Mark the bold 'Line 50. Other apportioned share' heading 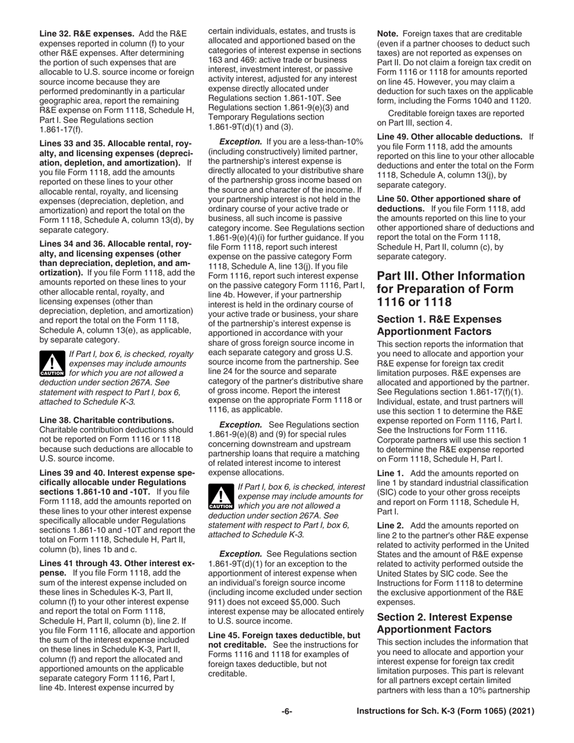tap(448, 199)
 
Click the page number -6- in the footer tap(287, 712)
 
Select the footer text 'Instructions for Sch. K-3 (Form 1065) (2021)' tap(445, 712)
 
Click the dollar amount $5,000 tap(329, 602)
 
